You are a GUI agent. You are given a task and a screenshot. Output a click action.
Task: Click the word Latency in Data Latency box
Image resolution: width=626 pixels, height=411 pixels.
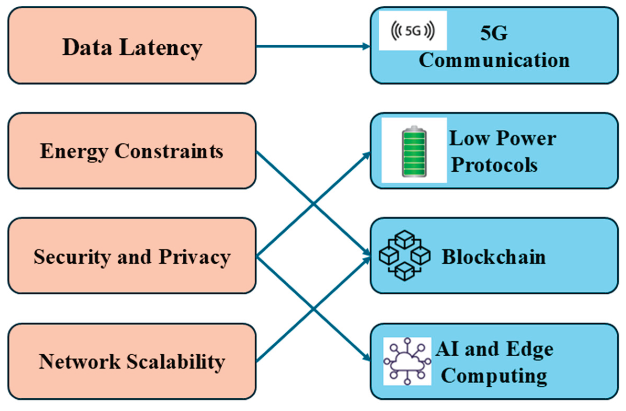click(x=161, y=48)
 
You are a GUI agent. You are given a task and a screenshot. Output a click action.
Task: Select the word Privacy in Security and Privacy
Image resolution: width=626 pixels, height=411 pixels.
click(x=195, y=257)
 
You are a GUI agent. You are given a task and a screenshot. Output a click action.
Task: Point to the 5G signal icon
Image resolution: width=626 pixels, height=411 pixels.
click(x=413, y=31)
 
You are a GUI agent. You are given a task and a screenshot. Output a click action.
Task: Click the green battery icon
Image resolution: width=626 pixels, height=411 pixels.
click(x=414, y=151)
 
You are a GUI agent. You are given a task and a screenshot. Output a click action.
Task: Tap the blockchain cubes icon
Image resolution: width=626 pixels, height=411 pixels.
click(x=405, y=256)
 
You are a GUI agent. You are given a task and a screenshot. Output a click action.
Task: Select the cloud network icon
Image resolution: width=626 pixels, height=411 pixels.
click(x=407, y=362)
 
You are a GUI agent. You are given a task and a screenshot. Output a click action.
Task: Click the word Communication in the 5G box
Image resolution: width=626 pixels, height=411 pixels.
click(x=494, y=60)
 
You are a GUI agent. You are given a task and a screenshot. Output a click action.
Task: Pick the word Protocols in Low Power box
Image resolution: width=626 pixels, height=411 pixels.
click(x=494, y=165)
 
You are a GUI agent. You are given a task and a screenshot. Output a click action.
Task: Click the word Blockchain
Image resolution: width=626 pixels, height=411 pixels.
click(x=494, y=257)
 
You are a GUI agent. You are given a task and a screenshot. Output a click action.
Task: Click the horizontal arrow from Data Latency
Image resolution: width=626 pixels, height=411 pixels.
click(x=310, y=46)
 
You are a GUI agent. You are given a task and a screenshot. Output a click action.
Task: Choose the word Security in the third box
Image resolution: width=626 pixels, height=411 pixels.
click(x=72, y=257)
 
